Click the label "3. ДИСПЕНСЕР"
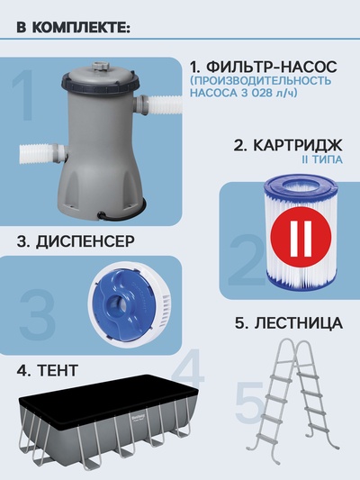[x=76, y=241]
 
